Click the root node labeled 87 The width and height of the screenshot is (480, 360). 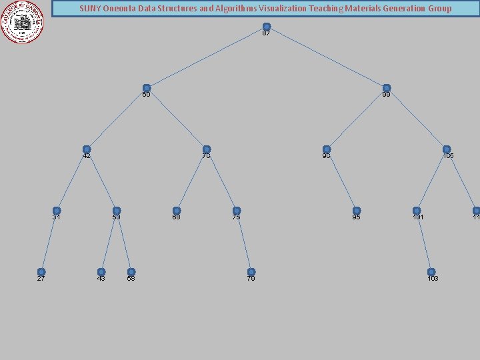click(267, 27)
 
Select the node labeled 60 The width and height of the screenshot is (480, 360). click(147, 88)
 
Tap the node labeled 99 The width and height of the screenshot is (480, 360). click(387, 88)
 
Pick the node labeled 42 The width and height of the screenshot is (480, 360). click(87, 149)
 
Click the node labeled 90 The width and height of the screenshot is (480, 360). click(327, 149)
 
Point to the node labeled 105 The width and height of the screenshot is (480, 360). click(447, 149)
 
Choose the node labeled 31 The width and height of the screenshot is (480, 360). click(57, 211)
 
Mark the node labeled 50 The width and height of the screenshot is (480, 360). click(117, 211)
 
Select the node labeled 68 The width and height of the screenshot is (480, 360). click(177, 211)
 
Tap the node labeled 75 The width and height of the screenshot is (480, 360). click(237, 211)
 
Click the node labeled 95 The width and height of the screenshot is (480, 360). click(357, 211)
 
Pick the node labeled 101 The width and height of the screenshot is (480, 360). click(417, 211)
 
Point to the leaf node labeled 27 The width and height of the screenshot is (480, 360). click(41, 272)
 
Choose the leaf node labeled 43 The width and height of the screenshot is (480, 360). click(101, 272)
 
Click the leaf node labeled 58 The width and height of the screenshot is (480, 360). click(131, 272)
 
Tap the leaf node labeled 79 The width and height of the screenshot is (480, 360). click(251, 272)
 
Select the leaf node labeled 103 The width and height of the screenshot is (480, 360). click(431, 272)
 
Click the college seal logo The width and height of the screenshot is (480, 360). click(23, 21)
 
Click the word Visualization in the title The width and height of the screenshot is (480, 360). click(274, 9)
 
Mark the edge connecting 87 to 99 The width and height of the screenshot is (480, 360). click(327, 57)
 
